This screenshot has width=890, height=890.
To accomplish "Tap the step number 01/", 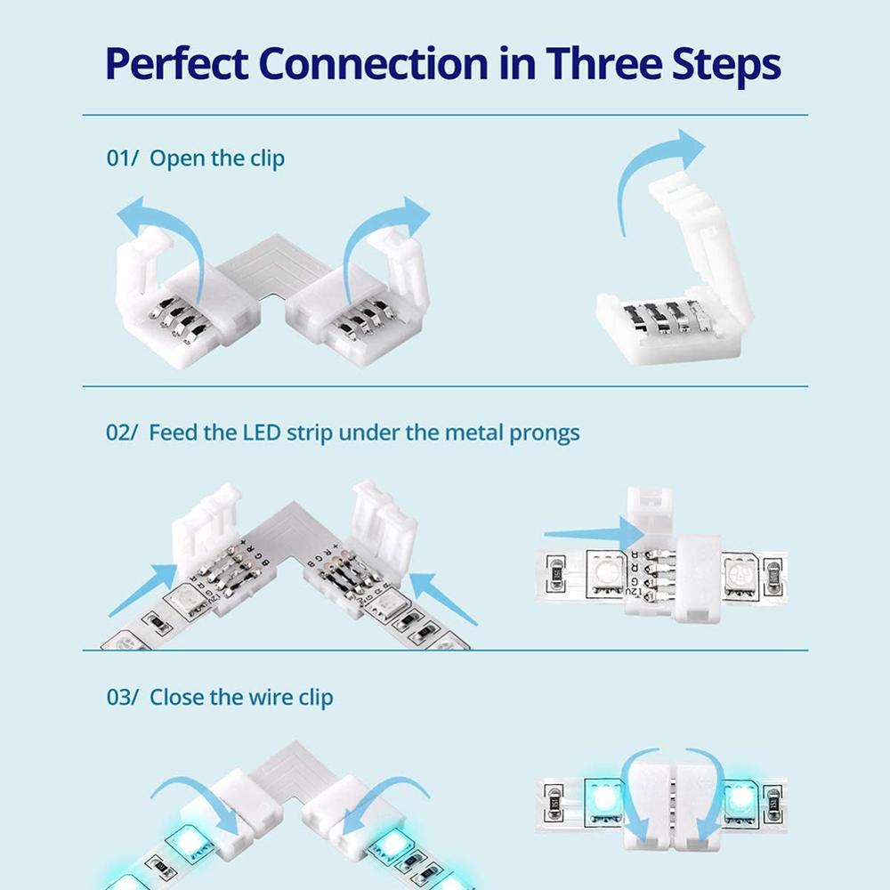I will tap(123, 159).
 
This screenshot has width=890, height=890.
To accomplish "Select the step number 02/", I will tap(123, 433).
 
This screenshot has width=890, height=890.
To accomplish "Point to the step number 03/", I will tap(123, 697).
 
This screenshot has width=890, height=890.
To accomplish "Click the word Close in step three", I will tap(178, 697).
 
